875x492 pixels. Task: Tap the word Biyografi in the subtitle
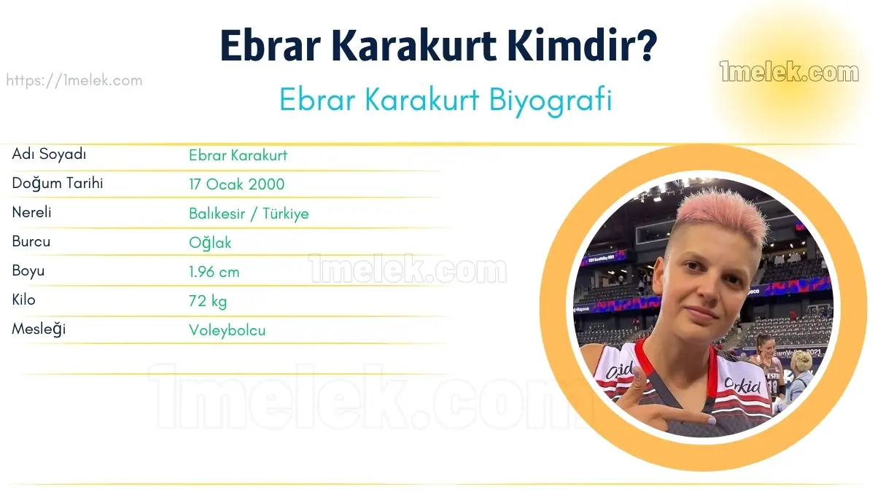551,101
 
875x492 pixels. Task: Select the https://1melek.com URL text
74,80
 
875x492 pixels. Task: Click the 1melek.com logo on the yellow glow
789,71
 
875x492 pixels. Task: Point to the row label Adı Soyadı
49,155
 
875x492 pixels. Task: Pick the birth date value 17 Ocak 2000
237,184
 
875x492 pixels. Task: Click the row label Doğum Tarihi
58,184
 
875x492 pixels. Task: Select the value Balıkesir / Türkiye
249,214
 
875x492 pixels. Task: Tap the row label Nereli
31,212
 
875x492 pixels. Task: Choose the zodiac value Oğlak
210,243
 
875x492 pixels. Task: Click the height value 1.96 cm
214,272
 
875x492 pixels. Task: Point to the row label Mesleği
39,329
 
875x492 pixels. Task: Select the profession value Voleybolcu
227,330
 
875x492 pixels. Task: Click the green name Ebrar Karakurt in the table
238,155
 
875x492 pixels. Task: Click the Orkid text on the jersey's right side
742,385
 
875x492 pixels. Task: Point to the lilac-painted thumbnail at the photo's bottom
712,421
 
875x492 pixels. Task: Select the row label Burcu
31,242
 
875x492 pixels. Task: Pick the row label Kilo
24,300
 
